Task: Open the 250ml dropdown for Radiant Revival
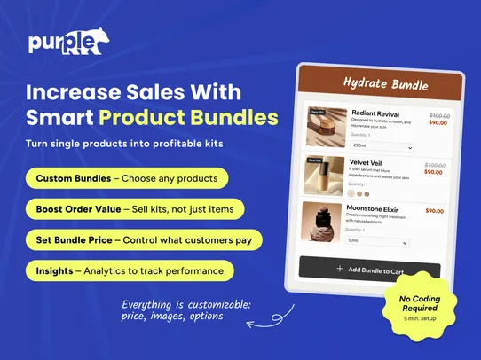[382, 145]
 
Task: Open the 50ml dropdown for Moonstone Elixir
[376, 241]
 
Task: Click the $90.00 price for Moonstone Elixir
[435, 211]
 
